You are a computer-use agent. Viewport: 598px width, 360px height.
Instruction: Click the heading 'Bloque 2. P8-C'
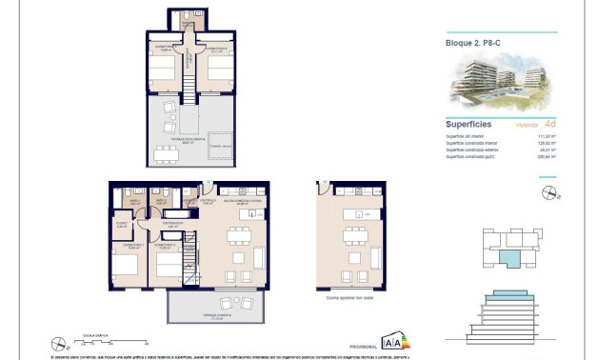(472, 43)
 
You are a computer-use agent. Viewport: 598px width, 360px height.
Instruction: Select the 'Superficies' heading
(468, 124)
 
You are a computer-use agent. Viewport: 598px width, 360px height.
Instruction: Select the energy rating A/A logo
(393, 341)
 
